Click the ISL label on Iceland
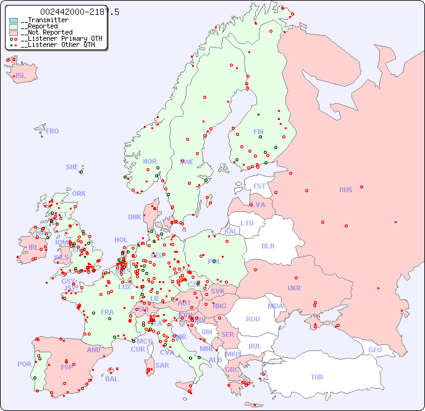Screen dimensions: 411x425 (21, 76)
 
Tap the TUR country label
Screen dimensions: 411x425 (317, 377)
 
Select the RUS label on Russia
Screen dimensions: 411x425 (346, 190)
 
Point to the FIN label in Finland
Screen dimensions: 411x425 (258, 132)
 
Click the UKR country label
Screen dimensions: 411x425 (294, 288)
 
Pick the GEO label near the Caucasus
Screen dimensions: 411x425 (375, 350)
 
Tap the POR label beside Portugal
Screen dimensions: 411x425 (24, 364)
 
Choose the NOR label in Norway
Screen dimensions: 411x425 (149, 161)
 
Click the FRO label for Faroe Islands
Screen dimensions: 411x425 (53, 131)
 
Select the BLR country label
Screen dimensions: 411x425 (267, 245)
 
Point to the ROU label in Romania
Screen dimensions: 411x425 (253, 319)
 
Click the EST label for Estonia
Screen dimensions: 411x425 (259, 186)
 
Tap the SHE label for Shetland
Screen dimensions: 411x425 (72, 167)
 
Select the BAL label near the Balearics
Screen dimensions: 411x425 (112, 379)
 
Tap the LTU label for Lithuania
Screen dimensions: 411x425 (247, 223)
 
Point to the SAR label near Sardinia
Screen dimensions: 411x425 (162, 365)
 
